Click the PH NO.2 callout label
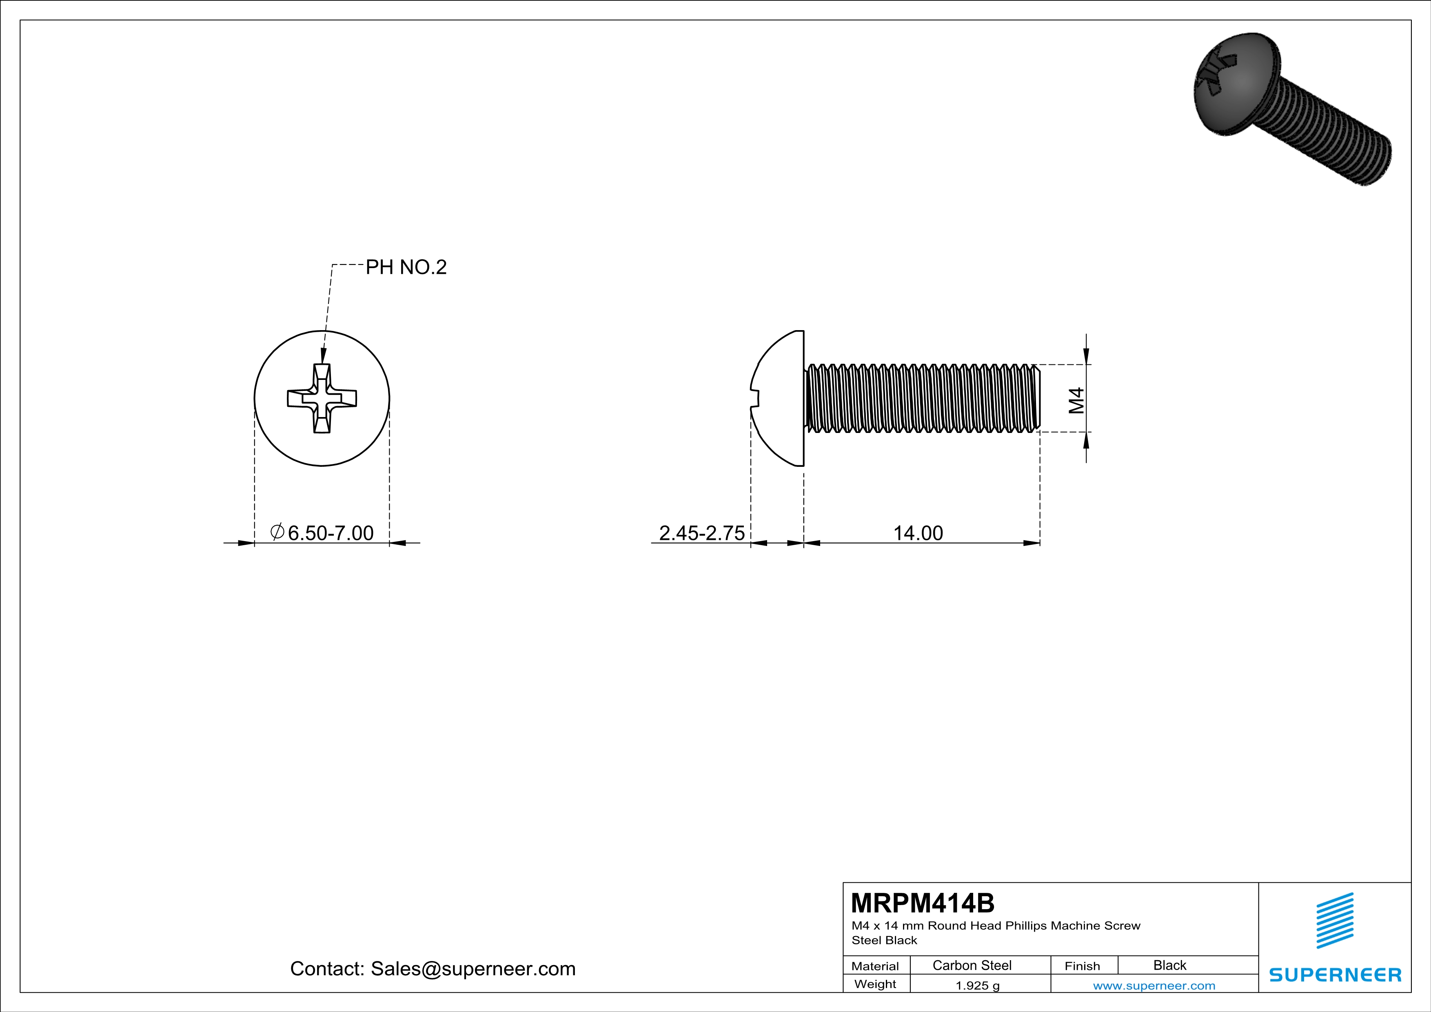(406, 267)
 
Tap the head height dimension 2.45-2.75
(702, 533)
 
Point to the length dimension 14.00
(918, 533)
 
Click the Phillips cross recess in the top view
(322, 398)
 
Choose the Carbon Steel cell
(972, 965)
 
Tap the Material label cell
(875, 966)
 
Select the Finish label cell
(1082, 966)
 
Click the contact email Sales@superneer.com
(473, 968)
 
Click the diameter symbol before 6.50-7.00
(277, 532)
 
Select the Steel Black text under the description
(884, 940)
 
